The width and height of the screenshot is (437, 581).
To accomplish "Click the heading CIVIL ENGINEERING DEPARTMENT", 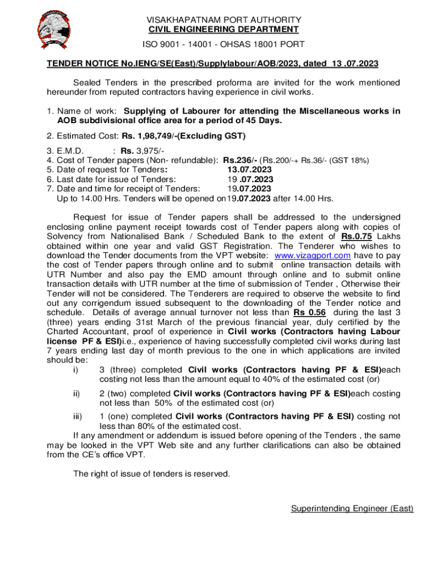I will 224,30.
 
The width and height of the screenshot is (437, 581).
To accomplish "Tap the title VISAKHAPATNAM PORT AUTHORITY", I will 224,19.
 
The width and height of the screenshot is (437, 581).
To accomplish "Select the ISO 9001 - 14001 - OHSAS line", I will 224,44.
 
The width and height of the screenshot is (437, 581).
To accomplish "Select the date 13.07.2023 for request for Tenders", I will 249,170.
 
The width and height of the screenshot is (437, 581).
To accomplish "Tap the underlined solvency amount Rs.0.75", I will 356,237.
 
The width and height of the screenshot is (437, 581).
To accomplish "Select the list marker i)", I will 75,369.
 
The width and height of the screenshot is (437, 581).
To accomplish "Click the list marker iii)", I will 78,416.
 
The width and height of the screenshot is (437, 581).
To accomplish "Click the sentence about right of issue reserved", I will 152,474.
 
